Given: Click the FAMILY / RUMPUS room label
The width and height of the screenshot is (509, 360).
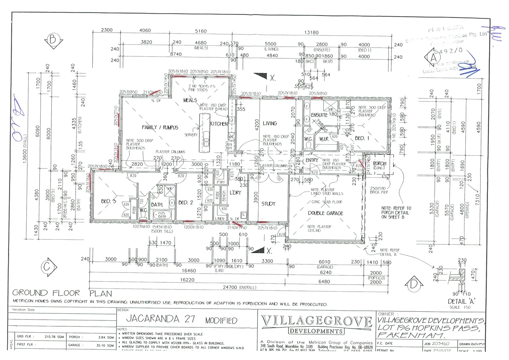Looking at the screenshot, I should tap(160, 127).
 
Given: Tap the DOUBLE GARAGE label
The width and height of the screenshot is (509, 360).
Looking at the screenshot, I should tap(325, 213).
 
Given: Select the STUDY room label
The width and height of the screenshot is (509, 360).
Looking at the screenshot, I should tap(268, 204).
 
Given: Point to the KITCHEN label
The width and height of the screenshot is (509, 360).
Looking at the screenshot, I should tap(219, 124).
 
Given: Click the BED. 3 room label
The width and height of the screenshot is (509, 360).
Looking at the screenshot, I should tap(109, 201).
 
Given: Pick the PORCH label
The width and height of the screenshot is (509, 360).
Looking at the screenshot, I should tap(379, 164).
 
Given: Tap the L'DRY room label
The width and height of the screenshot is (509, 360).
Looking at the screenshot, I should tap(235, 193).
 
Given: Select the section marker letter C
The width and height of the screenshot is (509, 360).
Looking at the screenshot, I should tap(47, 267).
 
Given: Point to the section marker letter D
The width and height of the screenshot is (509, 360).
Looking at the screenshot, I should tap(414, 284).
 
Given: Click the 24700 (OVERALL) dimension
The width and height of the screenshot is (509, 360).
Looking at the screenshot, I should tap(240, 287).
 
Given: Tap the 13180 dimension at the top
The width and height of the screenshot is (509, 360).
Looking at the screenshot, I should tap(311, 32).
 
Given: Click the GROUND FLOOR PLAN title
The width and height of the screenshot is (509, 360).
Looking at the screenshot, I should tap(62, 293).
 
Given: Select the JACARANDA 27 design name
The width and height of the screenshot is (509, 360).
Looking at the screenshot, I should tap(161, 319).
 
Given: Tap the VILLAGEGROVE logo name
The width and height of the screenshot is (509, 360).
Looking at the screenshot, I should tap(316, 322).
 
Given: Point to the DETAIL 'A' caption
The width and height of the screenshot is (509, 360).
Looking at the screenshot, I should tap(461, 301).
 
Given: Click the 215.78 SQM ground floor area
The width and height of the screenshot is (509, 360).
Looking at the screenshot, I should tap(54, 337).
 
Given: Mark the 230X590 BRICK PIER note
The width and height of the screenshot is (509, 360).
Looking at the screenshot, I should tap(379, 190).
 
